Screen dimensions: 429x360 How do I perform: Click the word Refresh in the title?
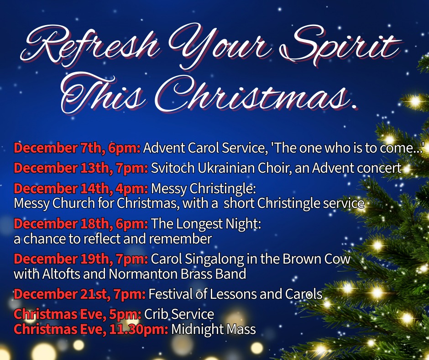tap(90, 45)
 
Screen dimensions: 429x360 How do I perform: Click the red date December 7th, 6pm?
tap(77, 148)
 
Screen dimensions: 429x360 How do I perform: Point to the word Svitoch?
tap(173, 168)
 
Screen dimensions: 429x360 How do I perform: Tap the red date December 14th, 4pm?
tap(81, 189)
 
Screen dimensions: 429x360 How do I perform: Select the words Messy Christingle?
tap(203, 189)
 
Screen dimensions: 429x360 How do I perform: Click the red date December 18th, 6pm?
tap(81, 223)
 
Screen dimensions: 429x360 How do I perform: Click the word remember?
tap(180, 238)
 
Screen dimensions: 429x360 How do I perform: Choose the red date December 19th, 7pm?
tap(81, 259)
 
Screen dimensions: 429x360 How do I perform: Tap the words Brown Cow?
tap(316, 259)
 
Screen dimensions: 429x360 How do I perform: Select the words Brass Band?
tap(213, 274)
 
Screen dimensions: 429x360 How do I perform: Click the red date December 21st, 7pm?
tap(79, 294)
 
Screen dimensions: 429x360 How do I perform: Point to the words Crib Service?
tap(179, 314)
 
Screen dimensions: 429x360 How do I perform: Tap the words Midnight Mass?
tap(214, 329)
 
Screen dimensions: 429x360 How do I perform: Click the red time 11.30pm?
tap(139, 329)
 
